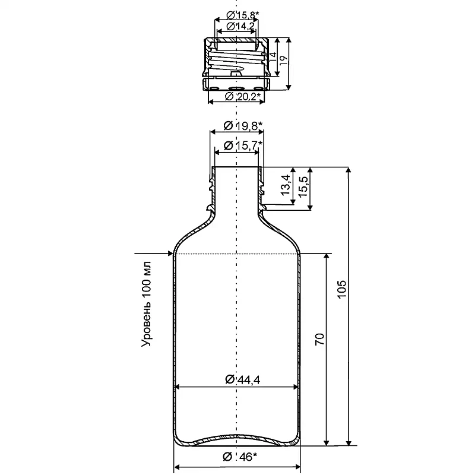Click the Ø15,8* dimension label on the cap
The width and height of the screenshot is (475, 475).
click(243, 14)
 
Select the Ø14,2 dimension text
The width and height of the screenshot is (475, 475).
click(240, 26)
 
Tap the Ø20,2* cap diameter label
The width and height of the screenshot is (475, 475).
click(243, 97)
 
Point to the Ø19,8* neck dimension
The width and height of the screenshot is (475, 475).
click(243, 125)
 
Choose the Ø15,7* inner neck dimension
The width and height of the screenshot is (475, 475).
click(243, 145)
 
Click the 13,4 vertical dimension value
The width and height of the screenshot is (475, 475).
click(286, 185)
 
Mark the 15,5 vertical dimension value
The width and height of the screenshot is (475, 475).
click(303, 186)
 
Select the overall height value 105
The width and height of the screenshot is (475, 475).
click(342, 289)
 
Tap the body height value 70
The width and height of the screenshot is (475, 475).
click(320, 339)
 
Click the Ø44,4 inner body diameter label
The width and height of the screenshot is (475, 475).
click(243, 379)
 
